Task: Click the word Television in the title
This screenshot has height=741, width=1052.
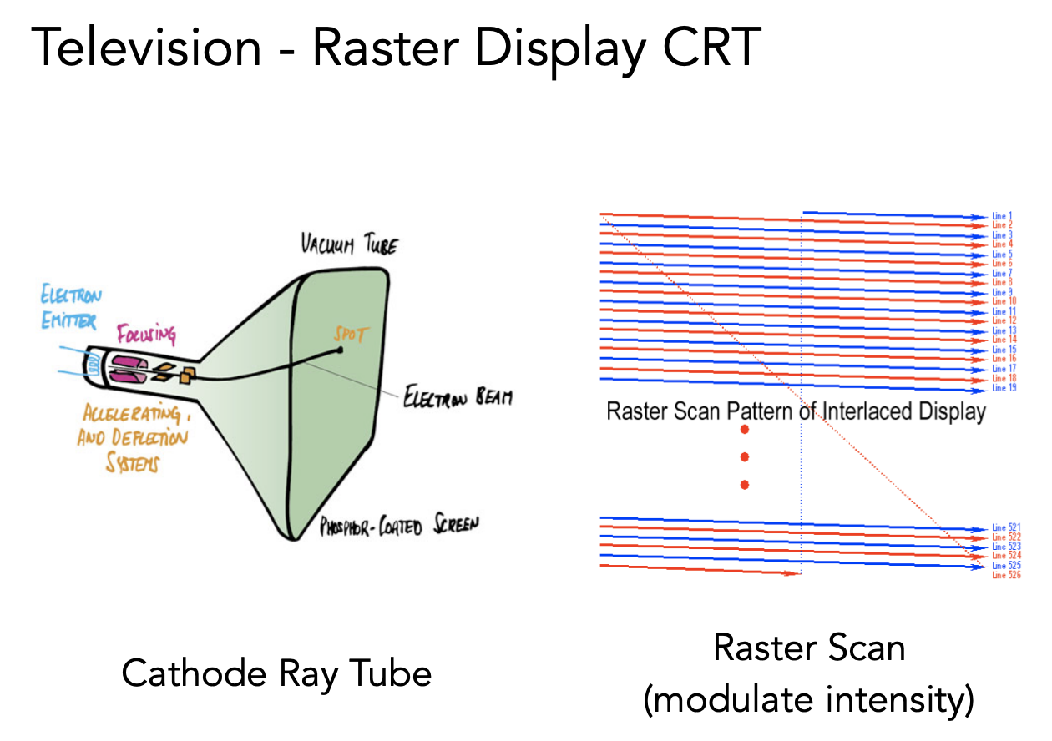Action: click(147, 48)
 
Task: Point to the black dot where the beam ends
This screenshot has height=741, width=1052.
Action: click(341, 350)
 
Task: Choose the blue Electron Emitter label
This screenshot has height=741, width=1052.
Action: click(70, 307)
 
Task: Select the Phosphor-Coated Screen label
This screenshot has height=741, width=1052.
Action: click(401, 527)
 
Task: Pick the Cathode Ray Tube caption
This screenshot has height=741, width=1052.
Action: click(276, 673)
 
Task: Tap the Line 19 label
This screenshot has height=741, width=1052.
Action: click(1004, 388)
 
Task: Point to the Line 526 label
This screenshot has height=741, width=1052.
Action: click(1006, 575)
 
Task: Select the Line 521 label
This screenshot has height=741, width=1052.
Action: click(1006, 527)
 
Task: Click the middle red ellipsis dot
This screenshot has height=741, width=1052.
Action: click(745, 456)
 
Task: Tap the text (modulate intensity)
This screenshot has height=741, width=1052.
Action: click(808, 701)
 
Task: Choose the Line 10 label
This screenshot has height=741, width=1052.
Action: click(1004, 301)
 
